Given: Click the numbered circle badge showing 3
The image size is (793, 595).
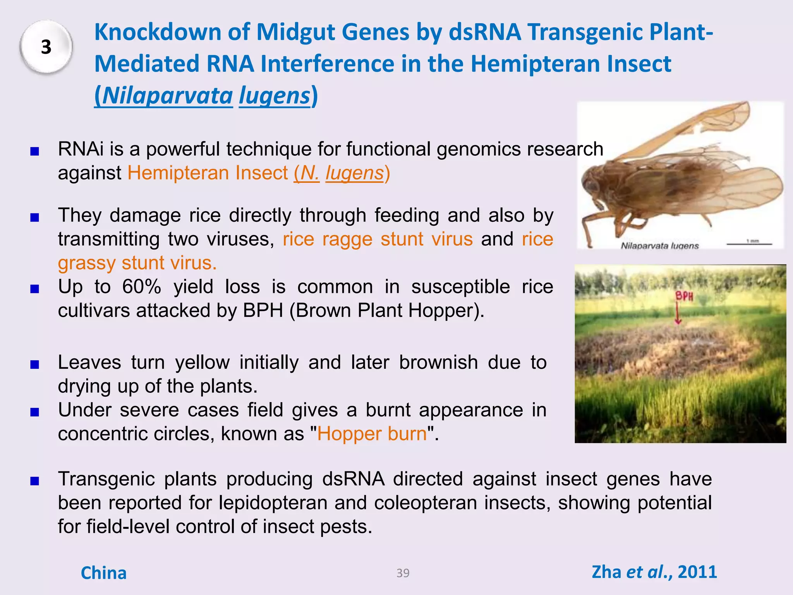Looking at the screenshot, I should click(46, 47).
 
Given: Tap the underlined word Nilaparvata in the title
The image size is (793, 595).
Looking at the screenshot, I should click(167, 95).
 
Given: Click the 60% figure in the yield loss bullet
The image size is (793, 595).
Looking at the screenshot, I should click(141, 287).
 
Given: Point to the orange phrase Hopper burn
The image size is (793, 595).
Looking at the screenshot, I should click(372, 434).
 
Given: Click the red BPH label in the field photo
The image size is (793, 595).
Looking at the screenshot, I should click(684, 296).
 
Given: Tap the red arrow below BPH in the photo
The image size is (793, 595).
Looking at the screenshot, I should click(678, 314).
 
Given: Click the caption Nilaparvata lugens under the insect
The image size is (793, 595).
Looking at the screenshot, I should click(659, 246).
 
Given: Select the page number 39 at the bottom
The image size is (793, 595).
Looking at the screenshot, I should click(403, 573).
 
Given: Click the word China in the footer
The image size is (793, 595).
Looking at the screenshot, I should click(103, 573).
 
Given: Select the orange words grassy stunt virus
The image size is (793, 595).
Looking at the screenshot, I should click(137, 263).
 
